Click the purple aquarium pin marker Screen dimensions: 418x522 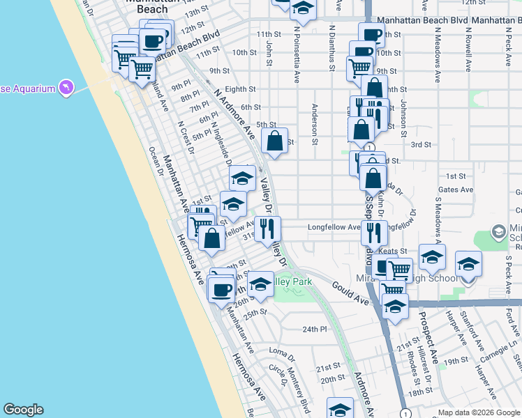coord(66,87)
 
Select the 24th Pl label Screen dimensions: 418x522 coord(315,329)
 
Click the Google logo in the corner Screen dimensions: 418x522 coord(23,410)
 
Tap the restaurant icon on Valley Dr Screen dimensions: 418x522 coord(267,229)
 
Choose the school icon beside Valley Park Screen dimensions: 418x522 coord(260,284)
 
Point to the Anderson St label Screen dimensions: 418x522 coord(315,125)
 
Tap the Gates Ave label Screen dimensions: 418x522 coord(452,189)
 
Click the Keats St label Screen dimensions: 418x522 coord(394,251)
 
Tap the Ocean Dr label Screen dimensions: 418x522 coord(155,162)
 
